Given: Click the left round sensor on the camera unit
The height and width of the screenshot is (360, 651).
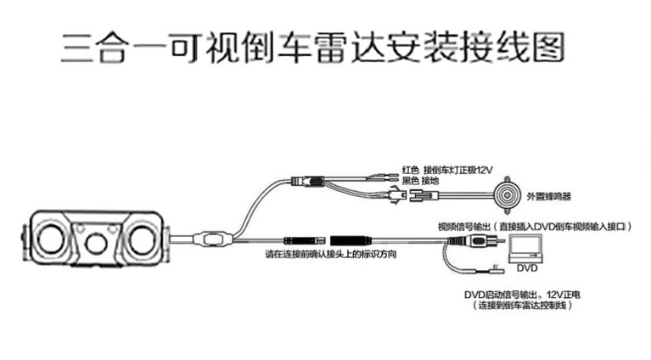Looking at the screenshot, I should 48,240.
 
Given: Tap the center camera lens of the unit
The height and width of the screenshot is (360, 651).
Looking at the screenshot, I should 96,245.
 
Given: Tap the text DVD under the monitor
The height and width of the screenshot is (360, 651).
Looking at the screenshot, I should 528,268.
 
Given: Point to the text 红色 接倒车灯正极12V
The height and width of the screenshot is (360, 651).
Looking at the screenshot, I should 446,170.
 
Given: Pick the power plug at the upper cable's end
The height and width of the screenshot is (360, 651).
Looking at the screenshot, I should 308,182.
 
